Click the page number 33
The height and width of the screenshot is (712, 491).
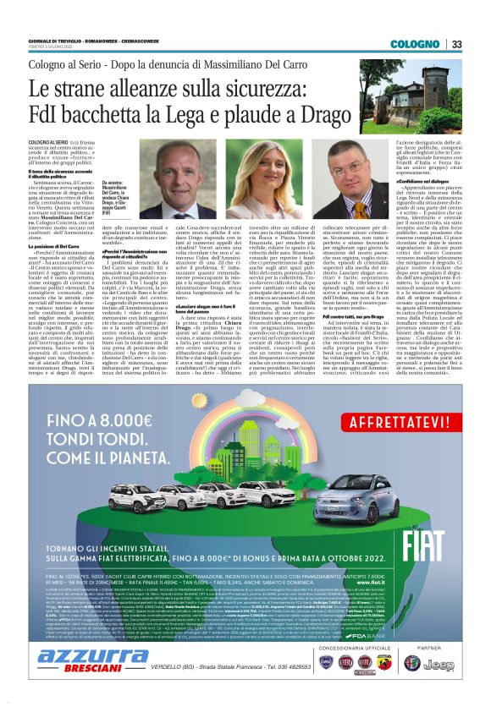click(x=456, y=44)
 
